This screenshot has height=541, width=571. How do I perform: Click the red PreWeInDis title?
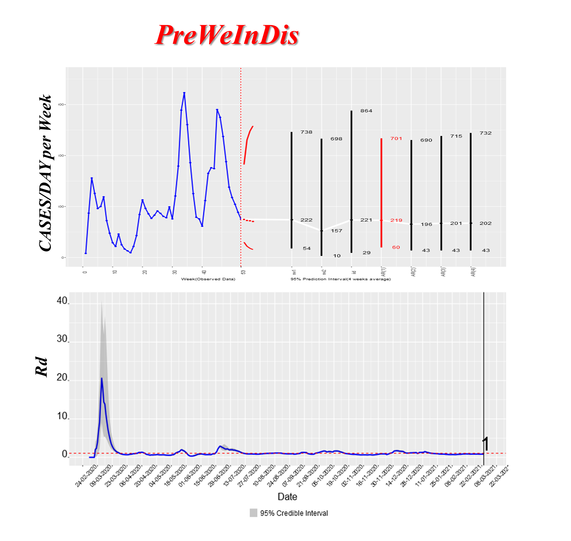pyautogui.click(x=227, y=35)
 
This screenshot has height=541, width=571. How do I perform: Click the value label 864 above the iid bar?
pyautogui.click(x=366, y=111)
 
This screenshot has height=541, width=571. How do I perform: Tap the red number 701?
pyautogui.click(x=396, y=138)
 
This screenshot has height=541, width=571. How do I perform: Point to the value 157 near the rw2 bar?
pyautogui.click(x=336, y=231)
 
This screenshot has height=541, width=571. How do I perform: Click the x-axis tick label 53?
pyautogui.click(x=243, y=272)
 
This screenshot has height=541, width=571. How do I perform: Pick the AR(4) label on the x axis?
pyautogui.click(x=473, y=272)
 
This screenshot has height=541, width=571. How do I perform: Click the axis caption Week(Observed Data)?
pyautogui.click(x=208, y=279)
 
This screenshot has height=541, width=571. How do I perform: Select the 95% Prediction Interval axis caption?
pyautogui.click(x=340, y=279)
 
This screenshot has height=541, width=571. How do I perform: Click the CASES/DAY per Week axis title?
pyautogui.click(x=46, y=173)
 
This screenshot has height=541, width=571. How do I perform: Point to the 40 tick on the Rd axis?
pyautogui.click(x=62, y=301)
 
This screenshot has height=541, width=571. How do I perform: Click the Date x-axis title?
pyautogui.click(x=287, y=496)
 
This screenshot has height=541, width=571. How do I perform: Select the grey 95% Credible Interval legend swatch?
pyautogui.click(x=253, y=513)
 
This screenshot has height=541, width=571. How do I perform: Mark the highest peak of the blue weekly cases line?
pyautogui.click(x=184, y=93)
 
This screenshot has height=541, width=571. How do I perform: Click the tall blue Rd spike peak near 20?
pyautogui.click(x=102, y=378)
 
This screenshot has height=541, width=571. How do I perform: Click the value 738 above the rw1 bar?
pyautogui.click(x=306, y=132)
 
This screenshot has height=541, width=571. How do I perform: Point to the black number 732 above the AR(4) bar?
pyautogui.click(x=485, y=133)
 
